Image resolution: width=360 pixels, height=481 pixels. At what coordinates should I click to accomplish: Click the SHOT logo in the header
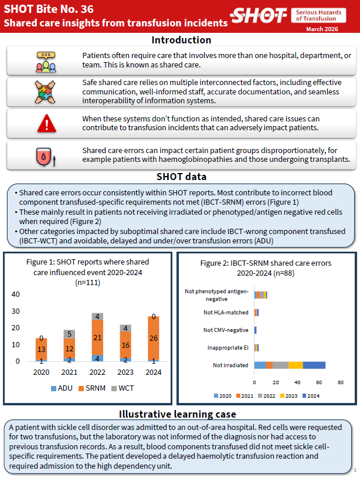click(x=259, y=16)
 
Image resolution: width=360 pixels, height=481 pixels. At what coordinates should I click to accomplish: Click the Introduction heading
click(x=181, y=40)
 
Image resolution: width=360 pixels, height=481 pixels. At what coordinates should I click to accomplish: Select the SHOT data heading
click(x=181, y=177)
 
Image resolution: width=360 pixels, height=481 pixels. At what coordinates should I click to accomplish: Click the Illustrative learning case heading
click(x=181, y=414)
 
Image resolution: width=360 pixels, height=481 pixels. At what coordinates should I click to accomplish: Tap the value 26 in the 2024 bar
click(x=152, y=338)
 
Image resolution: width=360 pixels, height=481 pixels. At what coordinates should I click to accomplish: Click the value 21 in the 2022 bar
click(x=97, y=337)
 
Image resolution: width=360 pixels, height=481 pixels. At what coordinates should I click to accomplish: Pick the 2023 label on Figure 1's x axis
click(x=125, y=372)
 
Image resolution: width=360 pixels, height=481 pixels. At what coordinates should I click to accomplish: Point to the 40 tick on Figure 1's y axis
click(x=16, y=294)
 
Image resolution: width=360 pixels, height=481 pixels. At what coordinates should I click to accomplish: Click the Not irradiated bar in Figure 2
click(x=290, y=365)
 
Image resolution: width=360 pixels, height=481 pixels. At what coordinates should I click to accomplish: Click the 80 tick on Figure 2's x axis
click(x=340, y=383)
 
